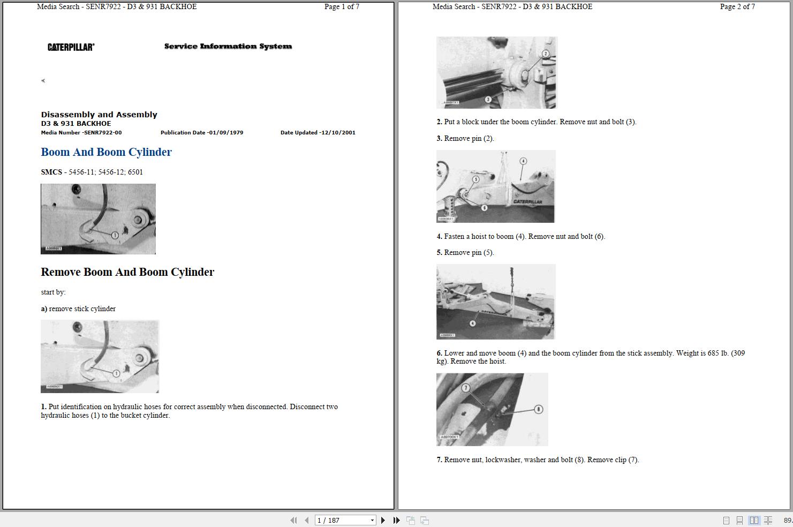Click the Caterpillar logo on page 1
click(71, 47)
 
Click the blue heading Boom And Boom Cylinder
click(106, 152)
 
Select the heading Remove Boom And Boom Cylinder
click(127, 272)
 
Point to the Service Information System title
click(228, 47)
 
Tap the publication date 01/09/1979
click(225, 133)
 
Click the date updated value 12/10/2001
click(337, 133)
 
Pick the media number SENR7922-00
click(102, 133)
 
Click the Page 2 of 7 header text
click(737, 7)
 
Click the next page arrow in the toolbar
click(383, 520)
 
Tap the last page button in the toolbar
click(396, 520)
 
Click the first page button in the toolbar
click(293, 520)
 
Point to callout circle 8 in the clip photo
click(538, 409)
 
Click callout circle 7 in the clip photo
click(466, 388)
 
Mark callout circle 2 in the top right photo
click(546, 54)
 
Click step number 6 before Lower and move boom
click(439, 353)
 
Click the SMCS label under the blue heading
click(51, 172)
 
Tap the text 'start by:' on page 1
click(53, 292)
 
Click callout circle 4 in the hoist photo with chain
click(472, 323)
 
